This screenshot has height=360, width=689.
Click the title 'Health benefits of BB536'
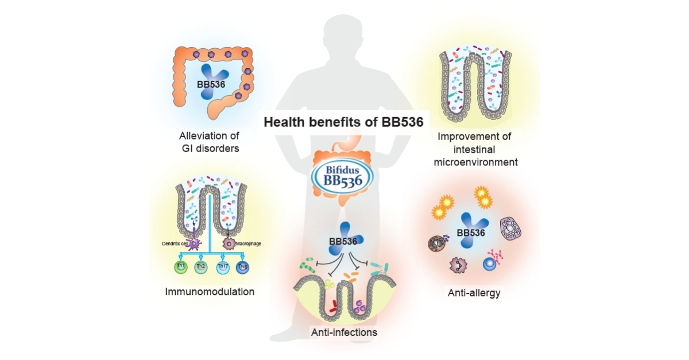coord(343,122)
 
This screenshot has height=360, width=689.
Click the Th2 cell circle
coord(201,267)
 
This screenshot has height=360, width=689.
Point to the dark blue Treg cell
coord(244,267)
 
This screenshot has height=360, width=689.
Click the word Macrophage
coord(249,243)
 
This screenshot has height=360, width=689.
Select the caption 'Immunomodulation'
coord(210,292)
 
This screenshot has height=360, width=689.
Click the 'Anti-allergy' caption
coord(474,293)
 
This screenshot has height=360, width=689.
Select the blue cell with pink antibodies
coord(489,263)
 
